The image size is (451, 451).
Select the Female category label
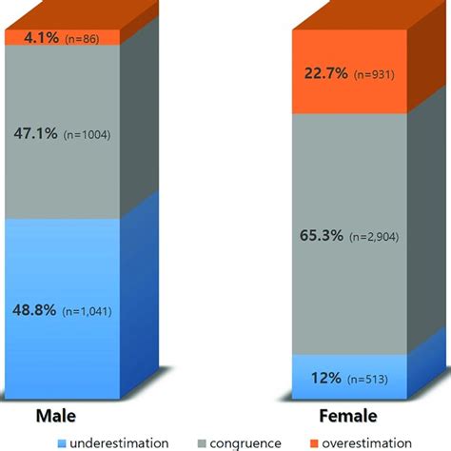click(354, 417)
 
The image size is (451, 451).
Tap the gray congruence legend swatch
click(203, 442)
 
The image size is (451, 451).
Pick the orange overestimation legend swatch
click(313, 442)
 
